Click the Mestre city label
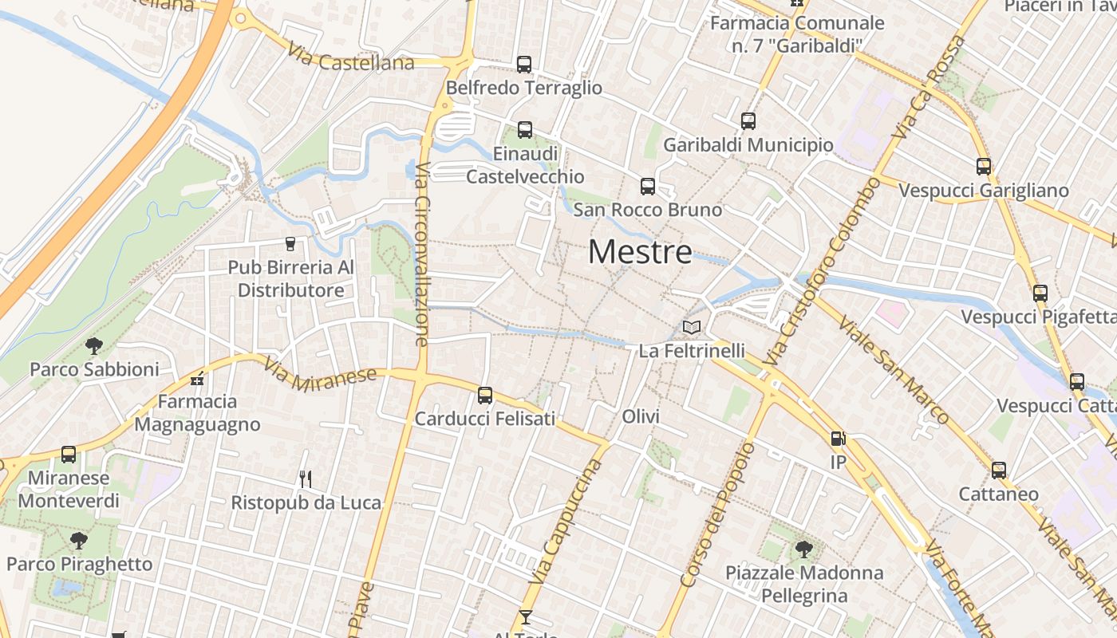(640, 252)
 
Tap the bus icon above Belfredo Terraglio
(524, 65)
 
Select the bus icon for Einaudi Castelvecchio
(524, 129)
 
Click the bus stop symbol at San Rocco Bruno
(648, 187)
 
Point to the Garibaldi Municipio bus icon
(748, 121)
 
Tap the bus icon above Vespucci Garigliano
(984, 167)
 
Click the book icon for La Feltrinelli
(692, 328)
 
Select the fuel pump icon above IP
(838, 439)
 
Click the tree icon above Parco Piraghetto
(78, 541)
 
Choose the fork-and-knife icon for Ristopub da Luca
(305, 478)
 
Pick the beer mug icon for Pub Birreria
(290, 243)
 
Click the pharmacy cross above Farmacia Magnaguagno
(197, 378)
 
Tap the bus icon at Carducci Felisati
(484, 396)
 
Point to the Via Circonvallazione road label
(422, 254)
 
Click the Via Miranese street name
(319, 374)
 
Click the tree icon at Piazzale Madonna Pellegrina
(803, 549)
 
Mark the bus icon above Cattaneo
(999, 471)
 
